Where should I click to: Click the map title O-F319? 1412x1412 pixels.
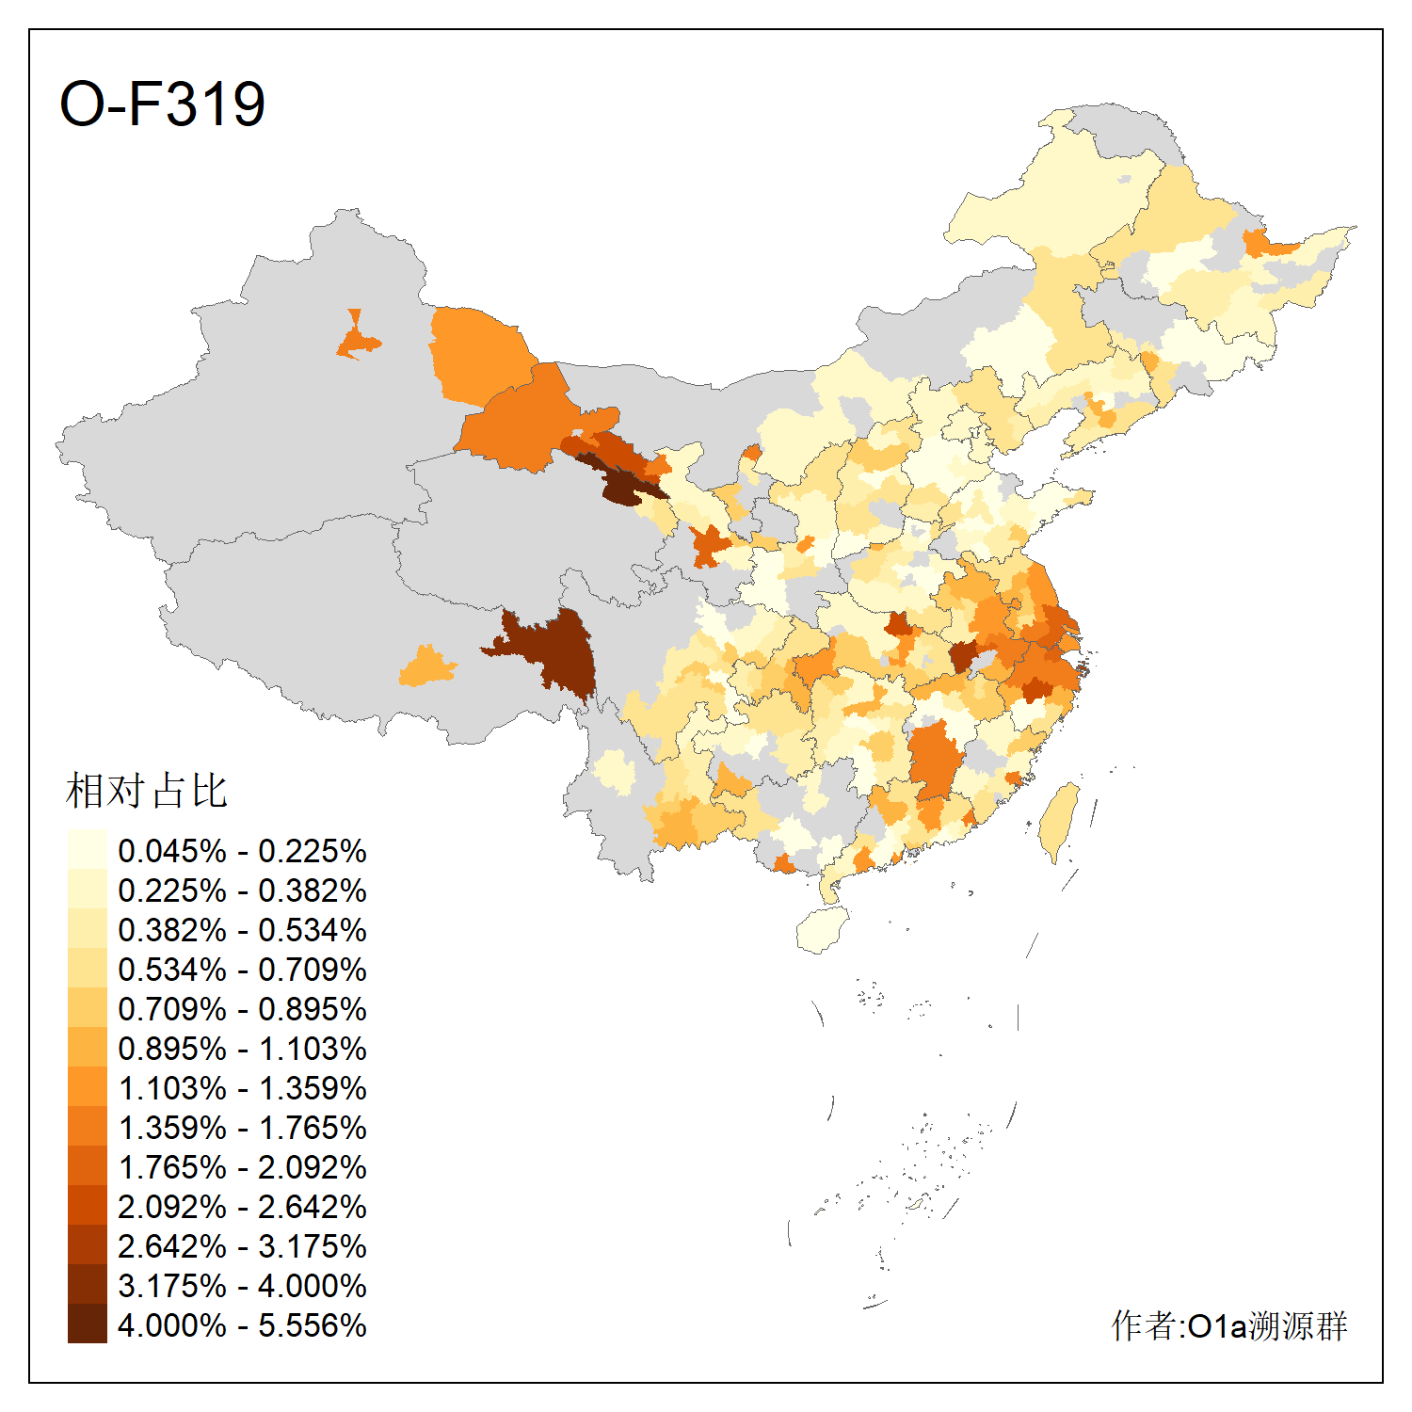tap(162, 104)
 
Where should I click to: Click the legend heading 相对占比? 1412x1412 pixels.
tap(146, 791)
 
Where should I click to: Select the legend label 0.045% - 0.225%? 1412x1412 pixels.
tap(242, 851)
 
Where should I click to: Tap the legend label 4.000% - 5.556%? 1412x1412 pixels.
tap(242, 1325)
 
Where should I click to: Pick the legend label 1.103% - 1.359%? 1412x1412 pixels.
tap(242, 1088)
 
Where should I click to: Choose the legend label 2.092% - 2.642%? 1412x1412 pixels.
tap(242, 1207)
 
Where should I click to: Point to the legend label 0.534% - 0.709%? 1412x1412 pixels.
tap(242, 970)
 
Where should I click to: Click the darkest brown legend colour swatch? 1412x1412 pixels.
tap(87, 1324)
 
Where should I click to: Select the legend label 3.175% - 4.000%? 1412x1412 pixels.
tap(242, 1286)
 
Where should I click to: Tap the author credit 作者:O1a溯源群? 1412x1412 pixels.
tap(1228, 1325)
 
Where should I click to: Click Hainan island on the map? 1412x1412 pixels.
tap(823, 930)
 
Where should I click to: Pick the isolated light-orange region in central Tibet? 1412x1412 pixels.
tap(427, 666)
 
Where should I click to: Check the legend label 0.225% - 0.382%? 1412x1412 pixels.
tap(242, 891)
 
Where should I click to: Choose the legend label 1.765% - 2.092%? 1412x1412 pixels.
tap(242, 1167)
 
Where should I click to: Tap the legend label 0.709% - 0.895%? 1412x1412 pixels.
tap(242, 1009)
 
